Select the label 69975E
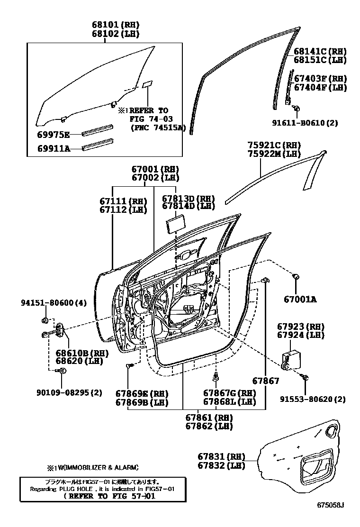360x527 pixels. coord(53,135)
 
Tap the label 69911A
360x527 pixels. coord(53,149)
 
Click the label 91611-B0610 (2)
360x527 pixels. coord(311,123)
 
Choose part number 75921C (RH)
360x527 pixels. coord(274,145)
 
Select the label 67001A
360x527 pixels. coord(300,299)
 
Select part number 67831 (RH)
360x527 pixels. coord(221,457)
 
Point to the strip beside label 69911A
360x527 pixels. coord(98,145)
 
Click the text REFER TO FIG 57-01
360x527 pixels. coord(109,497)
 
